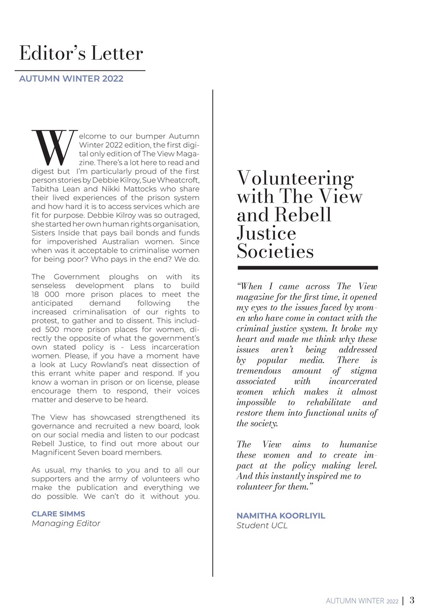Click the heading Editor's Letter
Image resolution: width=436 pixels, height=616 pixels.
[x=81, y=53]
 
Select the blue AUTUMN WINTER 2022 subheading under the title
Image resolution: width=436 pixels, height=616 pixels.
[x=71, y=78]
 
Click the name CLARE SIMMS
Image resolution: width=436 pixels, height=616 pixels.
[x=58, y=513]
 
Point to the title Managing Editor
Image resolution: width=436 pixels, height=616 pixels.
[x=66, y=523]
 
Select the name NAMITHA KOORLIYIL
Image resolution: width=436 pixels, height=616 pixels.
[x=281, y=515]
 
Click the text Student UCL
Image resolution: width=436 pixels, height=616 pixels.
[x=262, y=526]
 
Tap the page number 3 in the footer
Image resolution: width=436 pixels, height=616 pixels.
[x=412, y=600]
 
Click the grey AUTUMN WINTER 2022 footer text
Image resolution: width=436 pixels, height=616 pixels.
[x=362, y=601]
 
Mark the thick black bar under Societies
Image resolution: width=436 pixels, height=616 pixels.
[x=307, y=268]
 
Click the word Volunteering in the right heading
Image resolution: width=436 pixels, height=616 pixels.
[x=295, y=179]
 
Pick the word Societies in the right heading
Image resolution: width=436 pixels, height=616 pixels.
[x=275, y=252]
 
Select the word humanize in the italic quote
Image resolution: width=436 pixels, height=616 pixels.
[x=358, y=444]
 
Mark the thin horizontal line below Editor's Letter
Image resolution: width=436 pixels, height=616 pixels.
[x=79, y=70]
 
